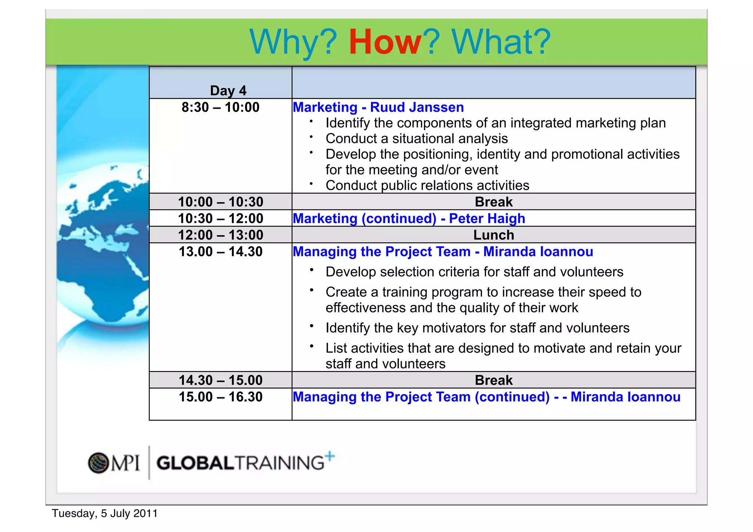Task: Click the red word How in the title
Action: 385,42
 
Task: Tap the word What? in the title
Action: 501,42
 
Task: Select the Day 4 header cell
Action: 228,90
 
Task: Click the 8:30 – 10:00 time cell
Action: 220,107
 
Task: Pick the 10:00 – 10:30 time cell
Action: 220,202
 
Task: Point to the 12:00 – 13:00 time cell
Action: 220,235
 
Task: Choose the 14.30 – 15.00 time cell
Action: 220,380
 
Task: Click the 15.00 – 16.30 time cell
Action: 220,397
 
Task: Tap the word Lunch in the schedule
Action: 493,235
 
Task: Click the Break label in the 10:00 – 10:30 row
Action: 493,202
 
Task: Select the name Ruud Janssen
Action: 417,107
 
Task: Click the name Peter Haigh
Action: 487,218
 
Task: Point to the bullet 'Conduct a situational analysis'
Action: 417,139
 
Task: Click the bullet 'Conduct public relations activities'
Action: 427,186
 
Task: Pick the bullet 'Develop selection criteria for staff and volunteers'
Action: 474,272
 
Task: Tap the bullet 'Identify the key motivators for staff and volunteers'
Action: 477,328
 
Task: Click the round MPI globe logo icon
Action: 98,463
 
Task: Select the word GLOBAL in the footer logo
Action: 195,463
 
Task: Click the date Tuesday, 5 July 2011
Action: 105,513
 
